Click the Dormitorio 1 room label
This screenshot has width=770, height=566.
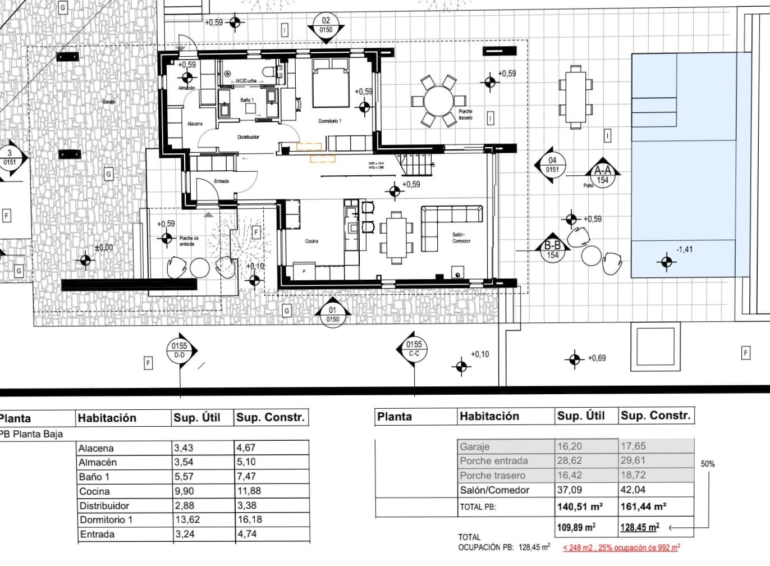[329, 121]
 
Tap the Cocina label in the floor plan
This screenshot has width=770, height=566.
[311, 241]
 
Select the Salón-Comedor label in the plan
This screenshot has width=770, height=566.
[461, 238]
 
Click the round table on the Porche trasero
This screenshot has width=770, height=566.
[441, 102]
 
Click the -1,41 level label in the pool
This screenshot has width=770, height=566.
[684, 249]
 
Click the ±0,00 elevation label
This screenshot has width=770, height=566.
[104, 248]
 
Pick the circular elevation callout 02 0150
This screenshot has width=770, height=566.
[326, 25]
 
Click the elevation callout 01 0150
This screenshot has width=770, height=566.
[333, 314]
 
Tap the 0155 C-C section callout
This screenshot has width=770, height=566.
[414, 349]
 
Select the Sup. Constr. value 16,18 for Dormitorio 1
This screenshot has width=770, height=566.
[250, 519]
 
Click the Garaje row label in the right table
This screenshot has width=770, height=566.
[475, 447]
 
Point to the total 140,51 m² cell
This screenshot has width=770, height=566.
[580, 506]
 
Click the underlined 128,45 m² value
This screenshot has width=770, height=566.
[639, 527]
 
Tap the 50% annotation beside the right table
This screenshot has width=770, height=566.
[708, 464]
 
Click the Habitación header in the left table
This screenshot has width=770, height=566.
[107, 418]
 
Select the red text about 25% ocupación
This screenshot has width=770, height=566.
[621, 547]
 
